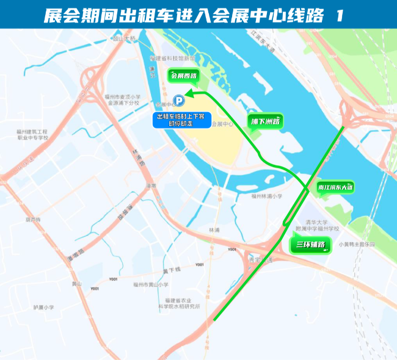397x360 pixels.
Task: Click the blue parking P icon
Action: tap(178, 101)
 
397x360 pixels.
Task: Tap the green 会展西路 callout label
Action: tap(184, 76)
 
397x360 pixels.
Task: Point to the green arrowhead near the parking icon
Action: tap(189, 93)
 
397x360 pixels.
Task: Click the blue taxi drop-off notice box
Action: tap(181, 119)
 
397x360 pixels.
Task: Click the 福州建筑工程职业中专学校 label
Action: tap(32, 134)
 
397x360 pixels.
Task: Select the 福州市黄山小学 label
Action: tap(151, 284)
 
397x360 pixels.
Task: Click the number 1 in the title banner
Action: tap(340, 16)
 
